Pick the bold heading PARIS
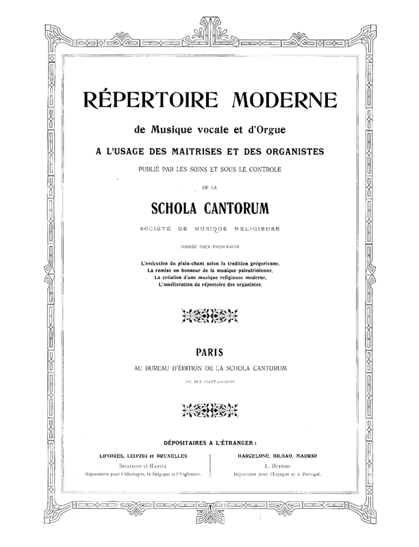209,354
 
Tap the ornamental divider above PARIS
209,315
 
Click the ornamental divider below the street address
209,410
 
